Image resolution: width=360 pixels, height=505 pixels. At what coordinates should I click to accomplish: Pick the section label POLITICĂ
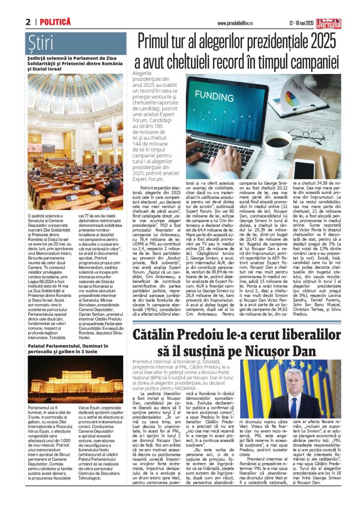55,22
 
